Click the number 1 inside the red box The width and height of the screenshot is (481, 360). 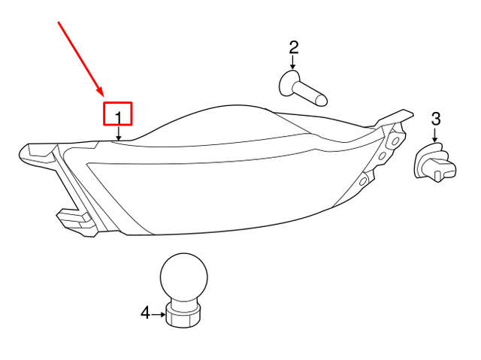(118, 114)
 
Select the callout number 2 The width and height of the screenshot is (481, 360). (294, 48)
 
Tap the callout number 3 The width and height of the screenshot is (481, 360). (436, 118)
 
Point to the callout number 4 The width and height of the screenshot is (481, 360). (145, 313)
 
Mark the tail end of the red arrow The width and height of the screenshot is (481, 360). (58, 22)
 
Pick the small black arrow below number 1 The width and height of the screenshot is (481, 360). (119, 133)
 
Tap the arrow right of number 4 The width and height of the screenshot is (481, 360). (159, 313)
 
